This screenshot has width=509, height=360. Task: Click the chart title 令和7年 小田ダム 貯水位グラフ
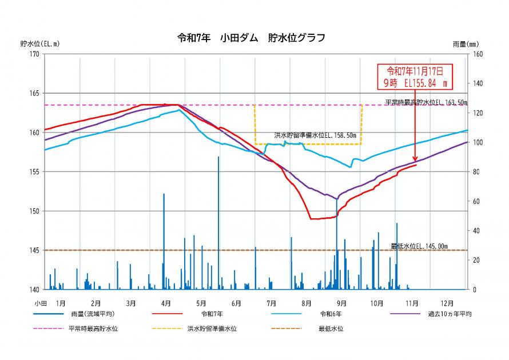[252, 38]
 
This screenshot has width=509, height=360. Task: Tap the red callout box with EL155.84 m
[415, 77]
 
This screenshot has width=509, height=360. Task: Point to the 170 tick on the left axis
[34, 54]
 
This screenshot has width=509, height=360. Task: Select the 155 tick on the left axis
[34, 172]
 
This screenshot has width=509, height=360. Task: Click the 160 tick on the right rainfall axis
[476, 54]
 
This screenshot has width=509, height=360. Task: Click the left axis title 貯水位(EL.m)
[39, 43]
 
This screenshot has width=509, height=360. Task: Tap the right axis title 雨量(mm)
[465, 44]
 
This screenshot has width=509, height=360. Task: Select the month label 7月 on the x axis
[271, 303]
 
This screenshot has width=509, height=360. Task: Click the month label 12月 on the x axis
[448, 303]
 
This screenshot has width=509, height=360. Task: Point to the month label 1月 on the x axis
[61, 303]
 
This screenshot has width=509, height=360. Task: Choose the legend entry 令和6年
[331, 314]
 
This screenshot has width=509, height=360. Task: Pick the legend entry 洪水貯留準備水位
[212, 329]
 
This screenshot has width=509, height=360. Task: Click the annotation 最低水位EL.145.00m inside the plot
[419, 246]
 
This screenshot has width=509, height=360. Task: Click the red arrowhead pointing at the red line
[415, 159]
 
